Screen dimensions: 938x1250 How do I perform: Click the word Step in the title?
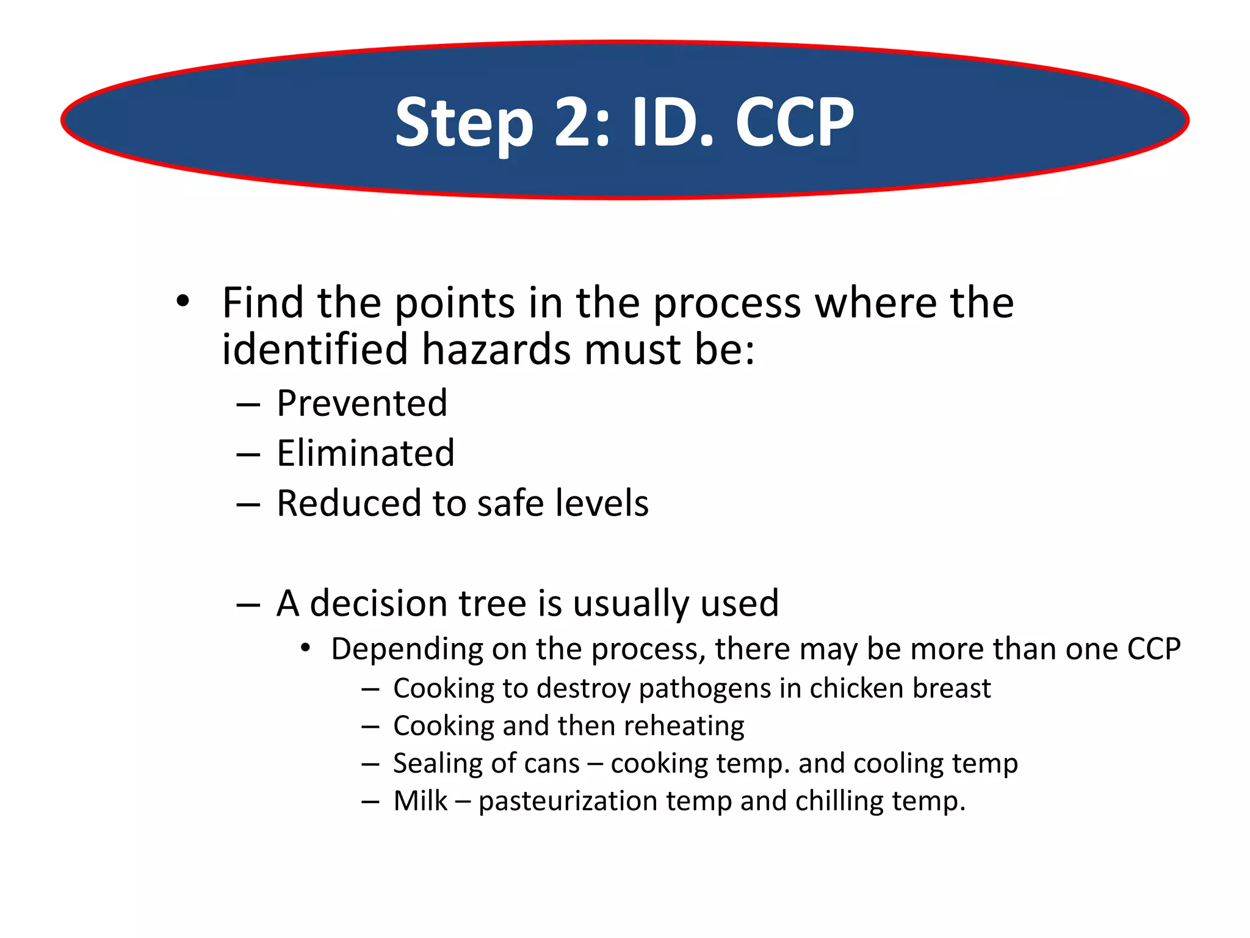click(464, 124)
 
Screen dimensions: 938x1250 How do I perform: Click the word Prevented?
click(362, 404)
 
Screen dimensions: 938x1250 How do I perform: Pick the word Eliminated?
click(366, 454)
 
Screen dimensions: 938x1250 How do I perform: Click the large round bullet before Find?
click(182, 301)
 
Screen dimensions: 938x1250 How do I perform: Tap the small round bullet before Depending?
click(306, 648)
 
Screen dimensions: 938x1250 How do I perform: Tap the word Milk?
click(421, 801)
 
